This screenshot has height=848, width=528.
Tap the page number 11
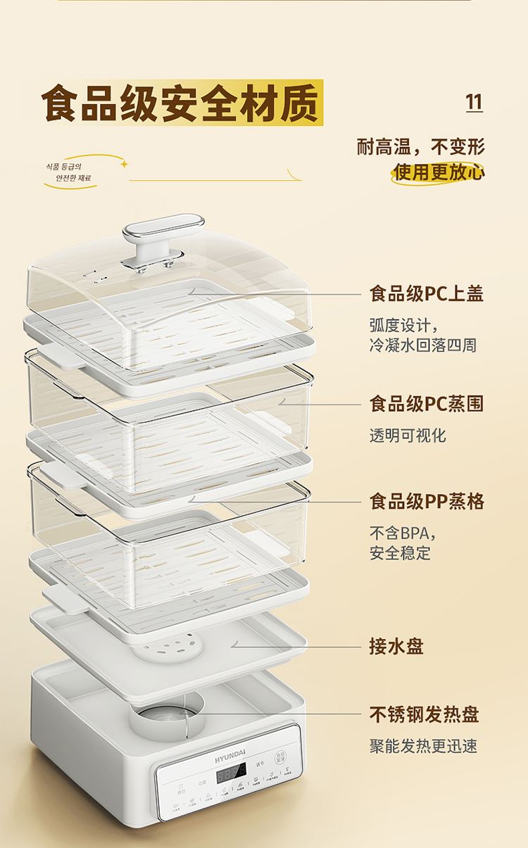pyautogui.click(x=474, y=102)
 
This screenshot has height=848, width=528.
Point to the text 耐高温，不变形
pyautogui.click(x=421, y=146)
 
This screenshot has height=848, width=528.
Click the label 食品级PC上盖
pyautogui.click(x=427, y=293)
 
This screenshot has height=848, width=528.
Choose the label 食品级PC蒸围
pyautogui.click(x=427, y=404)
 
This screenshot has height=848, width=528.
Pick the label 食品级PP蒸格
pyautogui.click(x=427, y=502)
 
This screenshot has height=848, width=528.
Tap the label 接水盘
pyautogui.click(x=396, y=646)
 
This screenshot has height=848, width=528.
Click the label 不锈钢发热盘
pyautogui.click(x=424, y=714)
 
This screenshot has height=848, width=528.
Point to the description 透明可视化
pyautogui.click(x=408, y=436)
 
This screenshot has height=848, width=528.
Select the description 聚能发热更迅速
pyautogui.click(x=423, y=746)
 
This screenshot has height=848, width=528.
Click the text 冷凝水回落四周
pyautogui.click(x=422, y=345)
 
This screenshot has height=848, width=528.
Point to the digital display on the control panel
pyautogui.click(x=230, y=776)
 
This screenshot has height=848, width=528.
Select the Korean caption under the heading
pyautogui.click(x=69, y=172)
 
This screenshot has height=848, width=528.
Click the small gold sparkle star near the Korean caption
pyautogui.click(x=124, y=164)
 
